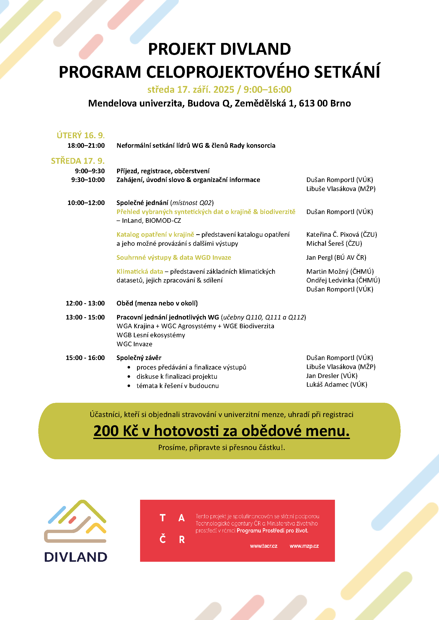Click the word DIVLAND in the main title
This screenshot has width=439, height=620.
click(255, 49)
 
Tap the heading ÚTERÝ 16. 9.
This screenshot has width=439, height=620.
click(81, 135)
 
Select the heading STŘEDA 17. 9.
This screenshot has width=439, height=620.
click(78, 161)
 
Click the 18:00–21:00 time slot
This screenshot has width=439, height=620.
click(86, 145)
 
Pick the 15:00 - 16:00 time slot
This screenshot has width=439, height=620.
click(85, 358)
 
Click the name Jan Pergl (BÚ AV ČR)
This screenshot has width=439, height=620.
click(336, 257)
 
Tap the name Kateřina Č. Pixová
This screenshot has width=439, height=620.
click(332, 234)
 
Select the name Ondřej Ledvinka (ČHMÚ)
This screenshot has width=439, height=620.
click(343, 280)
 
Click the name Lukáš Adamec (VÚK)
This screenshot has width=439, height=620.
click(336, 384)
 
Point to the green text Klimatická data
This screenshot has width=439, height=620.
click(140, 271)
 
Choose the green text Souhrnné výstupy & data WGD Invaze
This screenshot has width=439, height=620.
click(174, 257)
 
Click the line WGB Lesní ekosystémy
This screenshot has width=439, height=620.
click(151, 335)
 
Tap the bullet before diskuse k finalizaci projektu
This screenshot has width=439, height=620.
click(129, 376)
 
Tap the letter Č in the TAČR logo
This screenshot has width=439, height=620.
click(162, 539)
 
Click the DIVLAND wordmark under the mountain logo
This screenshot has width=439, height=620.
click(76, 557)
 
